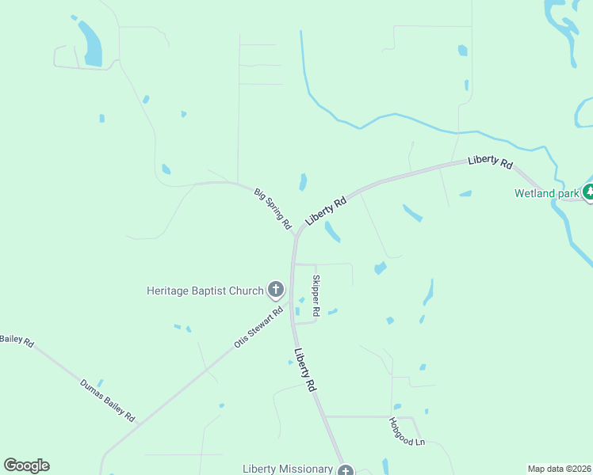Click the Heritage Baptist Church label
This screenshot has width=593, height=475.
[x=205, y=291]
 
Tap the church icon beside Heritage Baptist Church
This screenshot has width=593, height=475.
[x=276, y=290]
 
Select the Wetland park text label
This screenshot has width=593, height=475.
[x=545, y=193]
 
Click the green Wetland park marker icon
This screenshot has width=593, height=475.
[x=588, y=192]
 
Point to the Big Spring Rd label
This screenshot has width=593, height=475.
[x=273, y=208]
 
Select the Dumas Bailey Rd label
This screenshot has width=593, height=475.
[x=107, y=399]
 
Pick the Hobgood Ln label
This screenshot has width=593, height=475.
[x=407, y=431]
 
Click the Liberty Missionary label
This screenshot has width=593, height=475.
[x=288, y=469]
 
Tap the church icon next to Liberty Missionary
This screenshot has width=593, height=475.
[x=345, y=471]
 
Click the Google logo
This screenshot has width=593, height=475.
[x=26, y=465]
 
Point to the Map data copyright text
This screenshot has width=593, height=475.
[x=559, y=468]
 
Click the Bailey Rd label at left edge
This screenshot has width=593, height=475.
[x=16, y=340]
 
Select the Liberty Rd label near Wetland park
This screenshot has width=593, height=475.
[x=490, y=161]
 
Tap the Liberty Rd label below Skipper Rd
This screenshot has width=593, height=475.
[x=305, y=370]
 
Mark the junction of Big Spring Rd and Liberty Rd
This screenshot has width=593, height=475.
[x=296, y=235]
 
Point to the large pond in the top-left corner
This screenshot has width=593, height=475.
[x=90, y=43]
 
